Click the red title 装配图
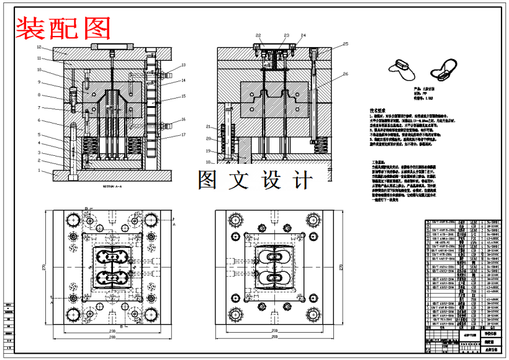point(64,28)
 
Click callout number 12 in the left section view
point(38,47)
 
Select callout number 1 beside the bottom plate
point(38,170)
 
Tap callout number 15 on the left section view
point(184,96)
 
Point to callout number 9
point(38,82)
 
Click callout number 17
point(184,135)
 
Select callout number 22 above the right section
point(258,35)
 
